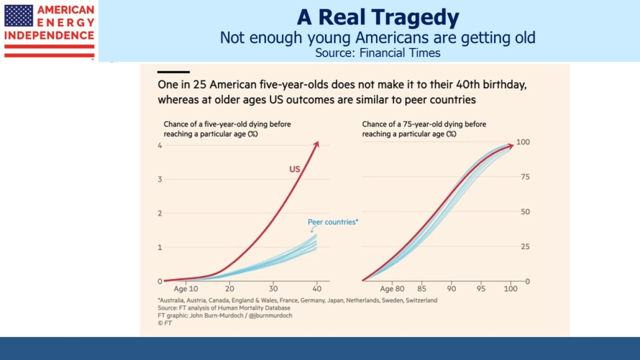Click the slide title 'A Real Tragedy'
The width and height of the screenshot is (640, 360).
tap(377, 17)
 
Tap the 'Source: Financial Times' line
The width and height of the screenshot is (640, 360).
tap(377, 53)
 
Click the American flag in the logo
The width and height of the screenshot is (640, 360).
tap(19, 16)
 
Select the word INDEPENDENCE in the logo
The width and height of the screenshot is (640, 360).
tap(49, 35)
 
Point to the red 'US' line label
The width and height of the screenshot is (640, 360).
tap(295, 168)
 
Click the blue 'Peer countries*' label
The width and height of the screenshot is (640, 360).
tap(333, 222)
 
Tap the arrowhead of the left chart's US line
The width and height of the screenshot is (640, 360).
tap(316, 144)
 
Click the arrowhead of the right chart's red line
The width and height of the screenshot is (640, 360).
tap(511, 145)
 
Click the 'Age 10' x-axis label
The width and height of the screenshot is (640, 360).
tap(186, 289)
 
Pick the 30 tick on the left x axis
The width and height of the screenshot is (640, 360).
tap(273, 289)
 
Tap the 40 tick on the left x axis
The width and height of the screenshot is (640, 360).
tap(317, 289)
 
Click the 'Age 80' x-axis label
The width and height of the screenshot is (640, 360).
tap(391, 289)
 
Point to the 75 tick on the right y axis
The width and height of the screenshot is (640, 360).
tap(525, 177)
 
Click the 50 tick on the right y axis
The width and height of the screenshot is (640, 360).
tap(525, 212)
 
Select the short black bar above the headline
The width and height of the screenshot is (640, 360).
tap(173, 72)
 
